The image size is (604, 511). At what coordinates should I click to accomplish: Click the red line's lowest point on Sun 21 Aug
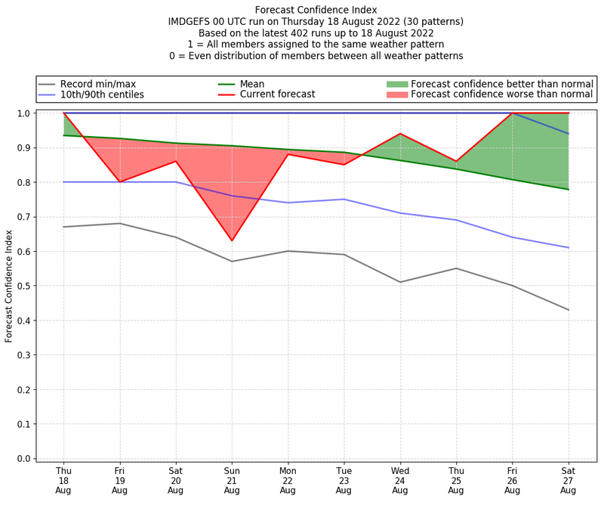pyautogui.click(x=232, y=240)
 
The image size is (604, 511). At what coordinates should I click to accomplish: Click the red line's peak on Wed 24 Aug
pyautogui.click(x=400, y=134)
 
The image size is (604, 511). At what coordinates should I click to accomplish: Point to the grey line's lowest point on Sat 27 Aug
pyautogui.click(x=568, y=310)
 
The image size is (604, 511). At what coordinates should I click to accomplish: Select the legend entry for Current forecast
pyautogui.click(x=277, y=94)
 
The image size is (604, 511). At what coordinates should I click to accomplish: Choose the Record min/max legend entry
pyautogui.click(x=97, y=84)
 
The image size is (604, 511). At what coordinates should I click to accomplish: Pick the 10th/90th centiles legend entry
pyautogui.click(x=102, y=94)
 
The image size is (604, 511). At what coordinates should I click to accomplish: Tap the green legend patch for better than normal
pyautogui.click(x=397, y=84)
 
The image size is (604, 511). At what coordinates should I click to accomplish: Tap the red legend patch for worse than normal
pyautogui.click(x=397, y=94)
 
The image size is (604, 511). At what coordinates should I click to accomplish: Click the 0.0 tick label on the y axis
pyautogui.click(x=24, y=459)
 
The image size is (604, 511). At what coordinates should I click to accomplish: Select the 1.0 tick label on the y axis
pyautogui.click(x=24, y=113)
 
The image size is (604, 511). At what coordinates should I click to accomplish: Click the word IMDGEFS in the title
pyautogui.click(x=193, y=22)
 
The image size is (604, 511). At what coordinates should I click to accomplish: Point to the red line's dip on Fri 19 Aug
pyautogui.click(x=119, y=182)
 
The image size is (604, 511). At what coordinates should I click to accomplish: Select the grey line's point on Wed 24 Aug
pyautogui.click(x=400, y=282)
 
